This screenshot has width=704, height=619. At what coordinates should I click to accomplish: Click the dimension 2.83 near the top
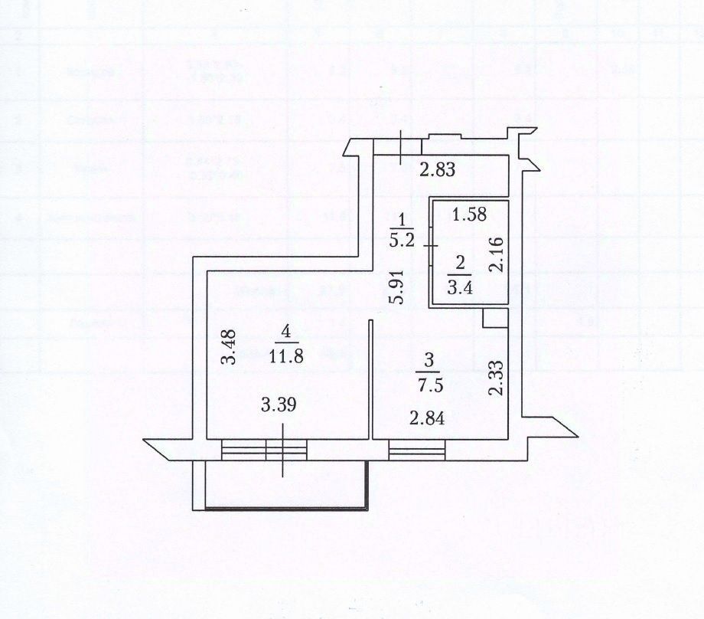pos(438,169)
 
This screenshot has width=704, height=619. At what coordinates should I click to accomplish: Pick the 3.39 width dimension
pos(278,405)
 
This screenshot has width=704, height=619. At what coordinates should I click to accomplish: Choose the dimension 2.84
pos(425,418)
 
